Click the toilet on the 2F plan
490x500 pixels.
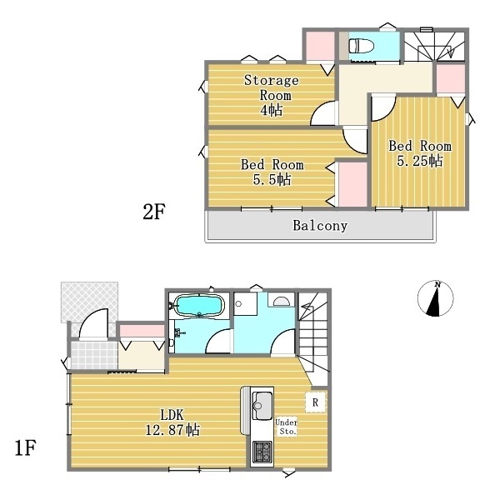(362, 46)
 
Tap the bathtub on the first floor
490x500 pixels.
(200, 305)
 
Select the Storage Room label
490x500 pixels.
(272, 95)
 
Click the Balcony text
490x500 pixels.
(320, 226)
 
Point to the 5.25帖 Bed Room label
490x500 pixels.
(420, 153)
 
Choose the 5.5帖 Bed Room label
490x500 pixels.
(272, 172)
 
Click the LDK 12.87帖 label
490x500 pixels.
(172, 422)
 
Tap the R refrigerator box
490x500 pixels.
(315, 402)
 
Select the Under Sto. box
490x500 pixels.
(287, 427)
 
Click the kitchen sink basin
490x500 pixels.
(262, 406)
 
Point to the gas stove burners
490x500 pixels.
(262, 452)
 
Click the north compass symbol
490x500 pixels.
(435, 298)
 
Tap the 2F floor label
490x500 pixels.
(153, 212)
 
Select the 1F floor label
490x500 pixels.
(26, 447)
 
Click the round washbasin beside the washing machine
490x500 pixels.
(281, 301)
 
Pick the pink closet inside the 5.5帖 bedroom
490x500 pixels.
(352, 184)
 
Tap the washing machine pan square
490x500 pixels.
(246, 304)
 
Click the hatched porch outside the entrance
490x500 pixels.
(90, 301)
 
